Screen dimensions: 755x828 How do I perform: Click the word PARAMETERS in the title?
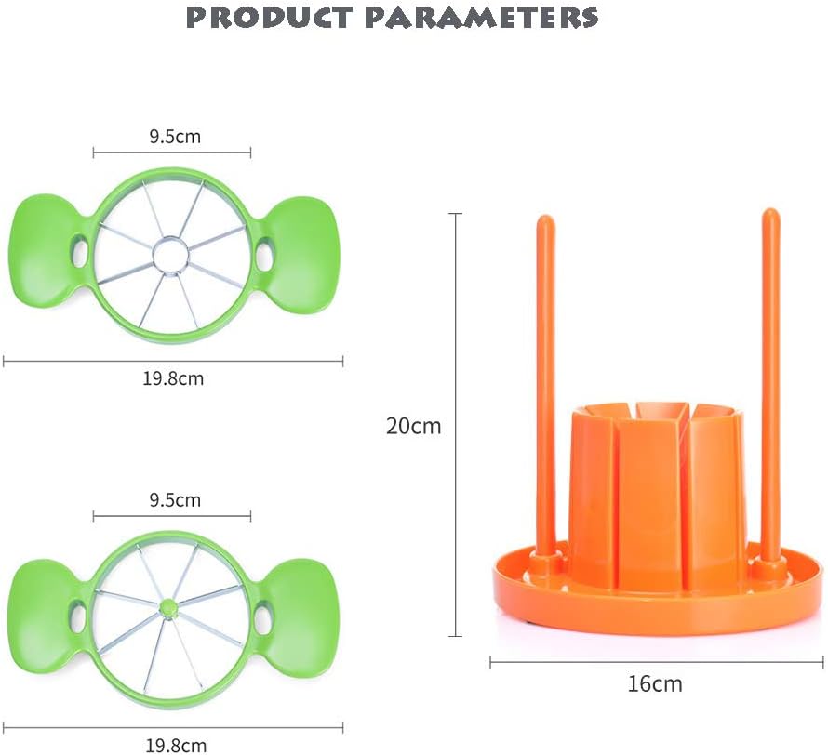click(x=494, y=17)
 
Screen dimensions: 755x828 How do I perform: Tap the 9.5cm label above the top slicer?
click(x=175, y=137)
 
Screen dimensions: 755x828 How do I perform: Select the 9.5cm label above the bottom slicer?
click(x=175, y=500)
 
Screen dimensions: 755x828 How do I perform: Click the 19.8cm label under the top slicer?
click(x=175, y=378)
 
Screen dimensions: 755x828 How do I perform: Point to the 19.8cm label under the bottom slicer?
click(x=175, y=744)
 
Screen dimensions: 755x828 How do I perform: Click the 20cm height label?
click(x=413, y=427)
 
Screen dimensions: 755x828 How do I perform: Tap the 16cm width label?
click(x=654, y=684)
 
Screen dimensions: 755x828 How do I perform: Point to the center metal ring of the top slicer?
click(x=171, y=254)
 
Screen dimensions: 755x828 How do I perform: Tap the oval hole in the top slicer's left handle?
click(x=80, y=251)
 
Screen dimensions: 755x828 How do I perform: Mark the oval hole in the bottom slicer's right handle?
click(x=264, y=617)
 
